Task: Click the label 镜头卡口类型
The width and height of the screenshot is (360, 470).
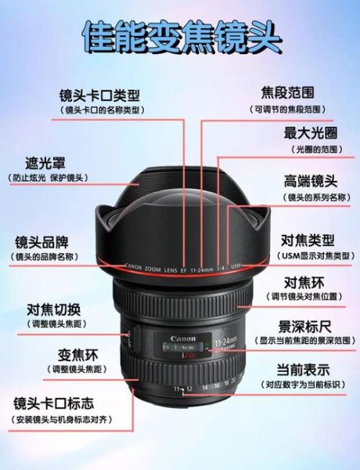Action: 101,96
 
